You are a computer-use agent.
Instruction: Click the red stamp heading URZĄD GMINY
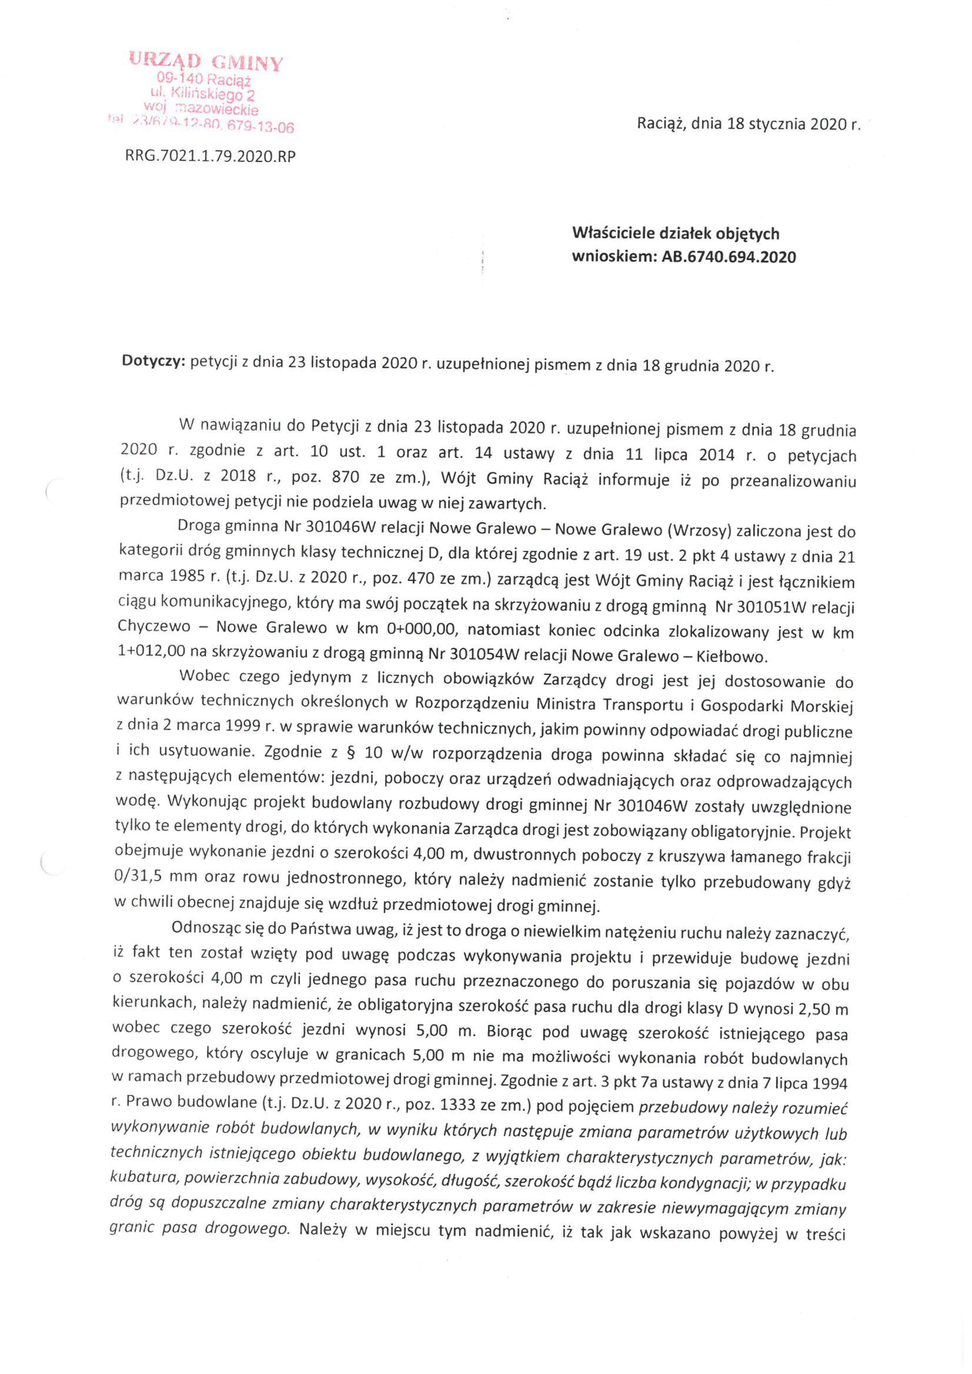click(x=205, y=62)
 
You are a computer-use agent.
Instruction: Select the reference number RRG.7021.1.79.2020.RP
click(x=210, y=157)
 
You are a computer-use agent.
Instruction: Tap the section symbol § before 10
click(x=348, y=754)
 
